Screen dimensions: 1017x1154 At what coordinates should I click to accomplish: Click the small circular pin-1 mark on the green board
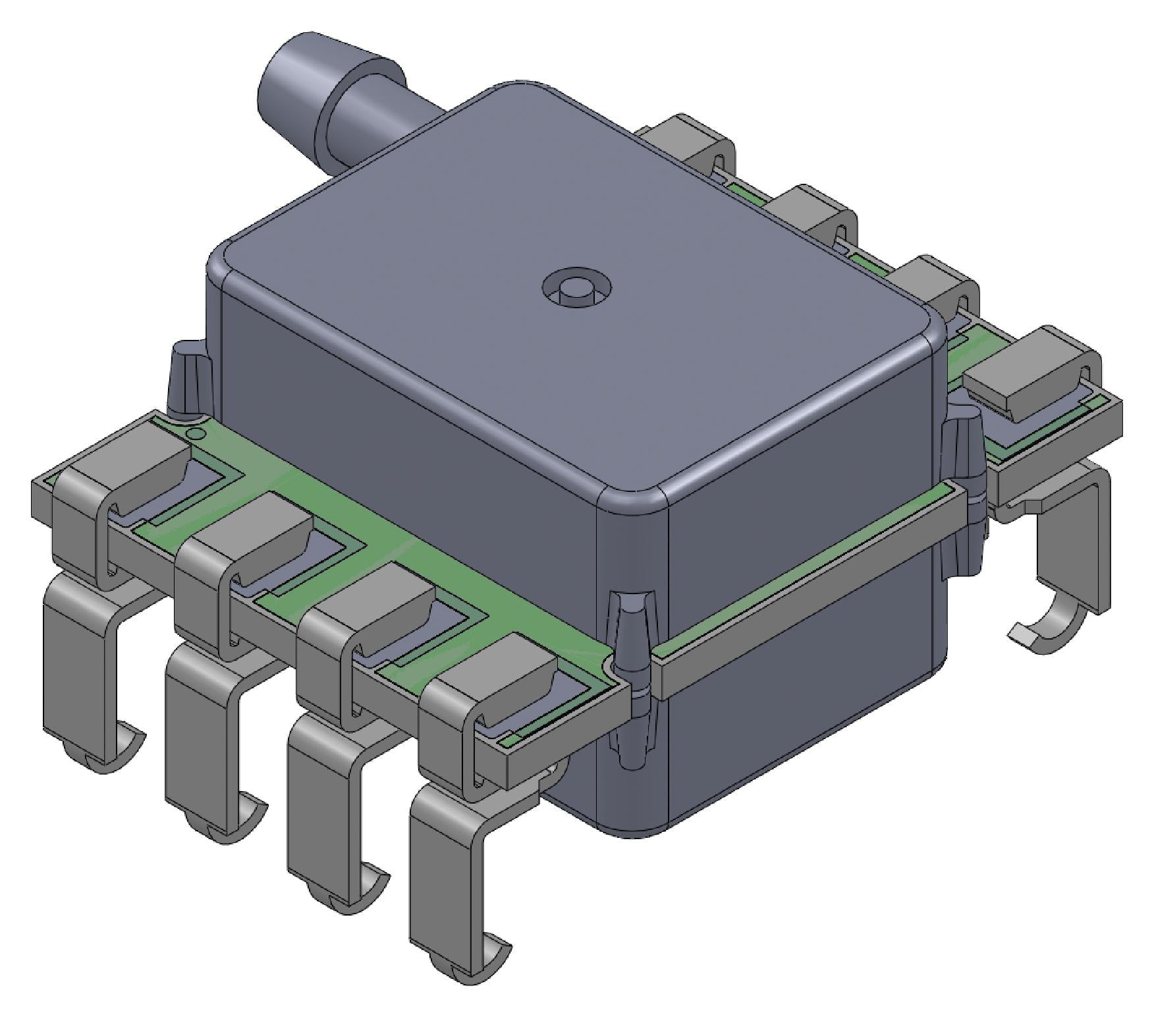(x=195, y=433)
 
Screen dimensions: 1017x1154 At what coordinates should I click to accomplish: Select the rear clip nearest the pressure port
(x=688, y=142)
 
